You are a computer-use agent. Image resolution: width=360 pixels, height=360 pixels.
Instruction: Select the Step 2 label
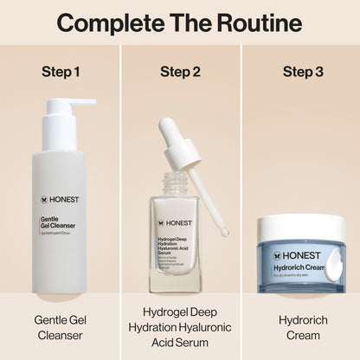[180, 70]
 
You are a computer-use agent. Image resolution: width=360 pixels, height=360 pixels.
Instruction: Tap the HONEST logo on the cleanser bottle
[60, 199]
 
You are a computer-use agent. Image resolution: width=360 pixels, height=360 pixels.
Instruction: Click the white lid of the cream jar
[300, 228]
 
